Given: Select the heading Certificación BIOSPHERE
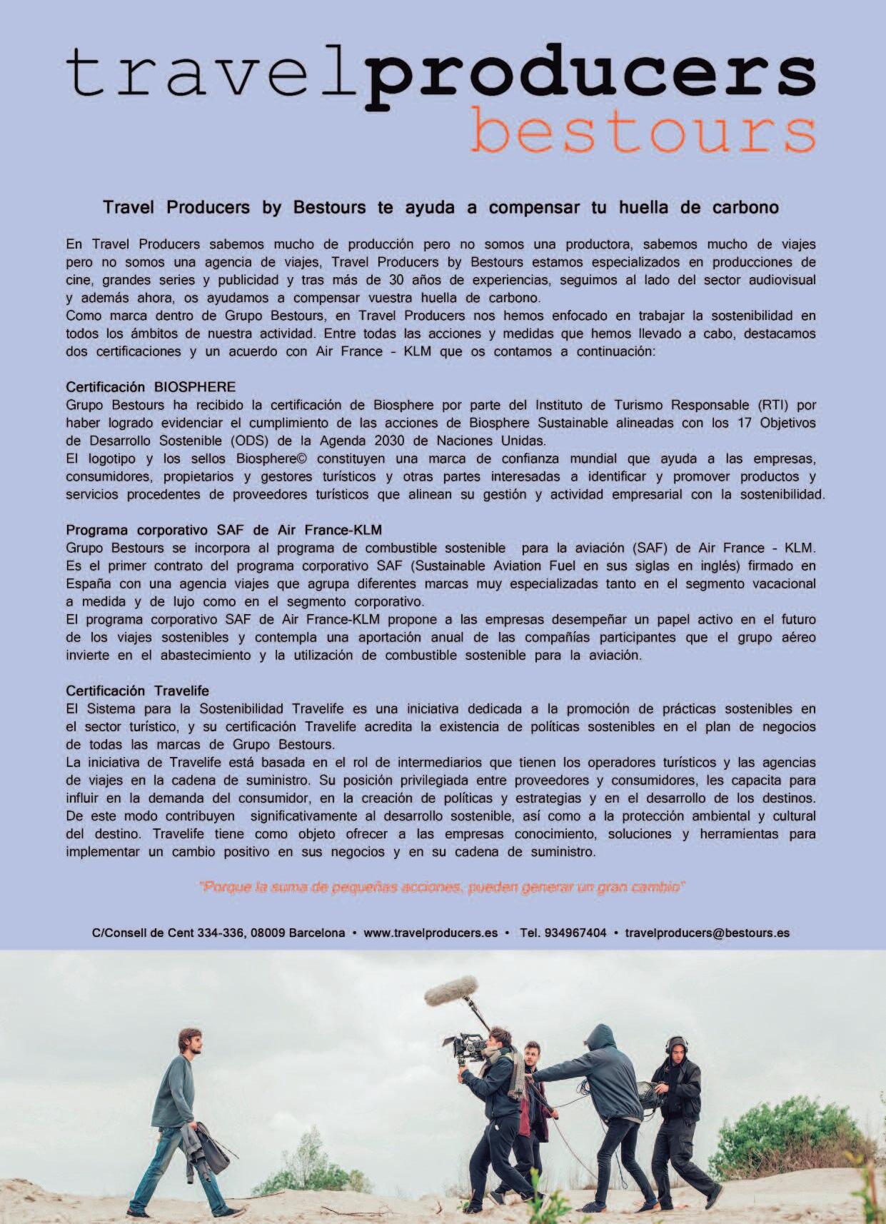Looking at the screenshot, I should click(x=151, y=387).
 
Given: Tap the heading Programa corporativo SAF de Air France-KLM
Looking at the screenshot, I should click(x=223, y=530).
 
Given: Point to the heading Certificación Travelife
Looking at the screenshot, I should click(x=137, y=691).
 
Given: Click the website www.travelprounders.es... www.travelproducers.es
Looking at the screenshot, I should click(x=431, y=933).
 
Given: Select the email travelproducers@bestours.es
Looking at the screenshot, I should click(x=707, y=933).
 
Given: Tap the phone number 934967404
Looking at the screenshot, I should click(x=575, y=933).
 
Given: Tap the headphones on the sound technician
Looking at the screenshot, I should click(x=674, y=1043).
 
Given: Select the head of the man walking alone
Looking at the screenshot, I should click(x=189, y=1043).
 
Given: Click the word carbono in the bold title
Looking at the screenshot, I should click(x=745, y=208).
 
